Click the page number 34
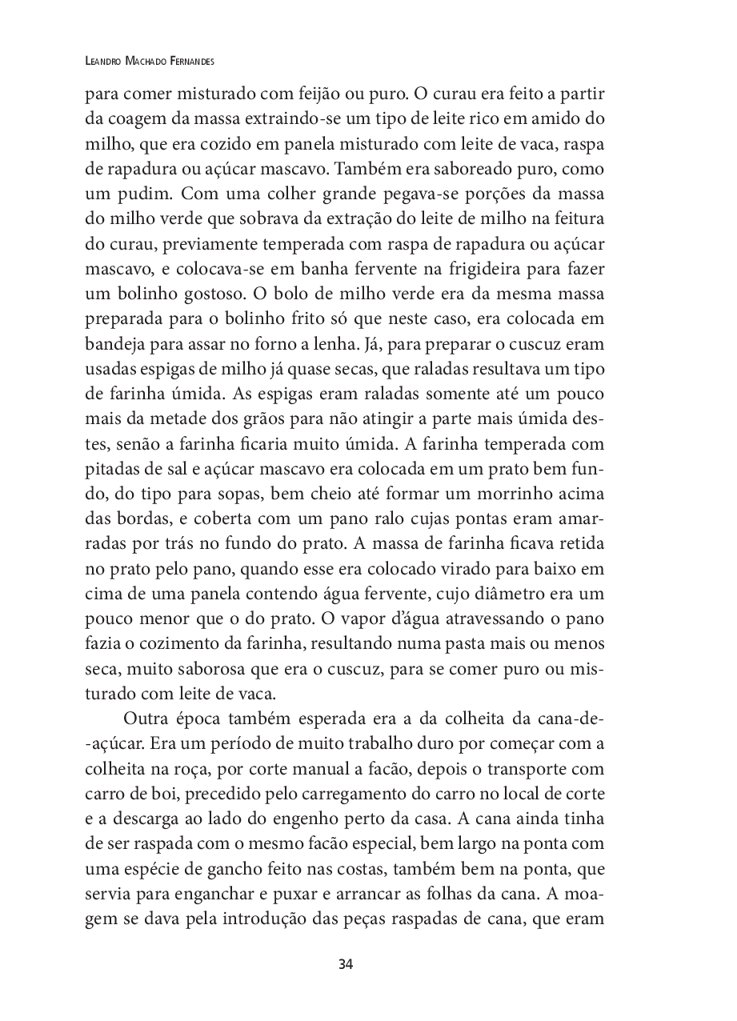(x=346, y=963)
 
